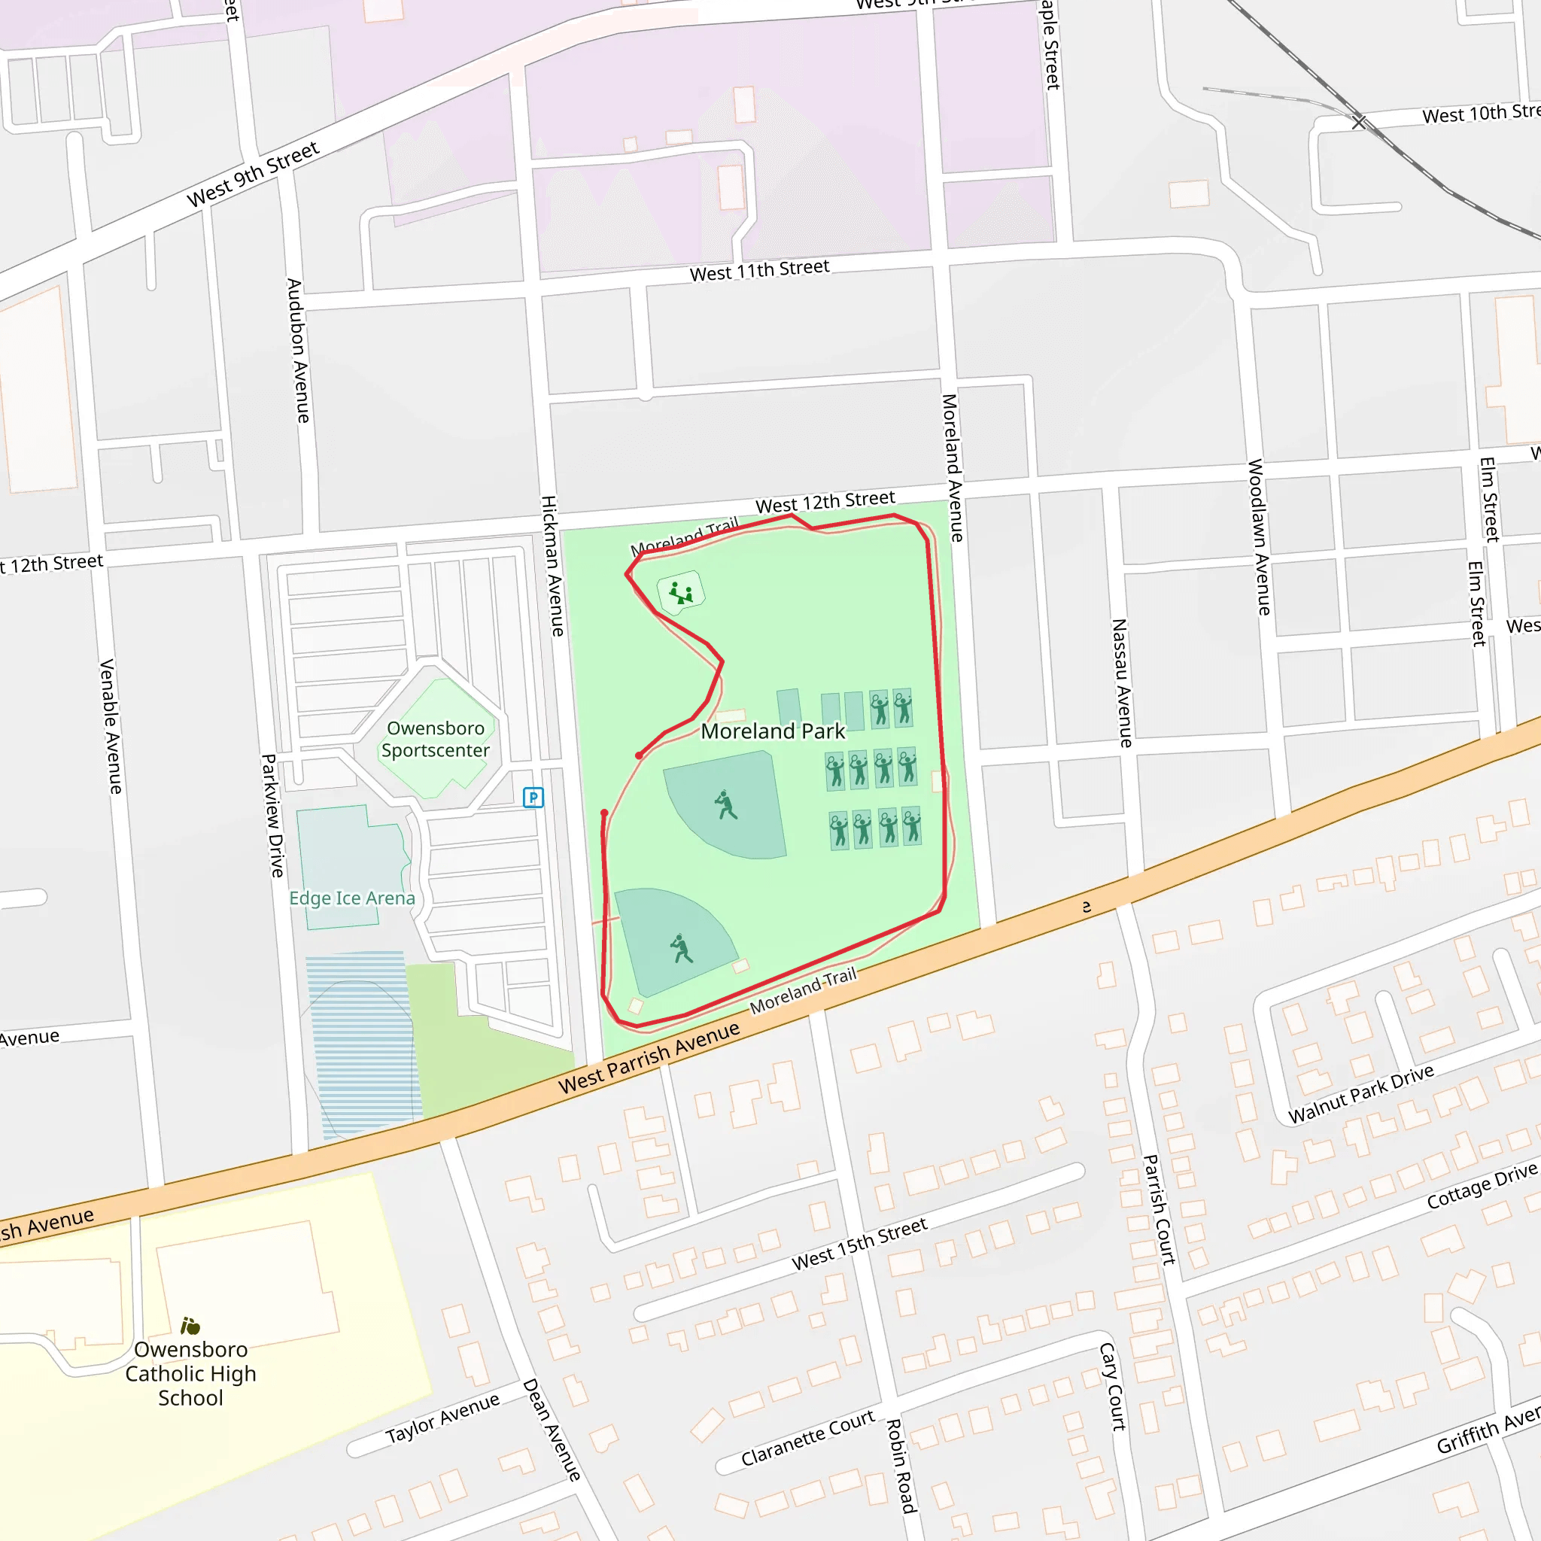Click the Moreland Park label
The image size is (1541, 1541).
click(772, 731)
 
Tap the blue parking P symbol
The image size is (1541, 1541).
click(533, 797)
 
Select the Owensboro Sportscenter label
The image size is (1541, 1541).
click(436, 740)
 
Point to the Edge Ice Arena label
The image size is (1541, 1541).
click(351, 898)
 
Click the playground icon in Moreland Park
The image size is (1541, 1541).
click(680, 593)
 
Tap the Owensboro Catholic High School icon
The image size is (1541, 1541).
click(190, 1326)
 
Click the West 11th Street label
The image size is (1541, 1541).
click(759, 270)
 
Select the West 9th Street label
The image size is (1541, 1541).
click(253, 174)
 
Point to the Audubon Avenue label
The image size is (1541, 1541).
click(296, 350)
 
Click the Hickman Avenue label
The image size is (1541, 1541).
click(552, 566)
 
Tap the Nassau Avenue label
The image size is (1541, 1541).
click(1121, 682)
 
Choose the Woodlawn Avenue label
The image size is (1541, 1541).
click(1258, 536)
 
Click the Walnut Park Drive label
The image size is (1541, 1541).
click(1360, 1093)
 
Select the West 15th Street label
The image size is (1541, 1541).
click(859, 1244)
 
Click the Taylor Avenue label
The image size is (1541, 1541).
click(442, 1418)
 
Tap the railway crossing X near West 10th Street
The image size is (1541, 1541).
click(1359, 122)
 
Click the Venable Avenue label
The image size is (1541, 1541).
click(110, 726)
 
